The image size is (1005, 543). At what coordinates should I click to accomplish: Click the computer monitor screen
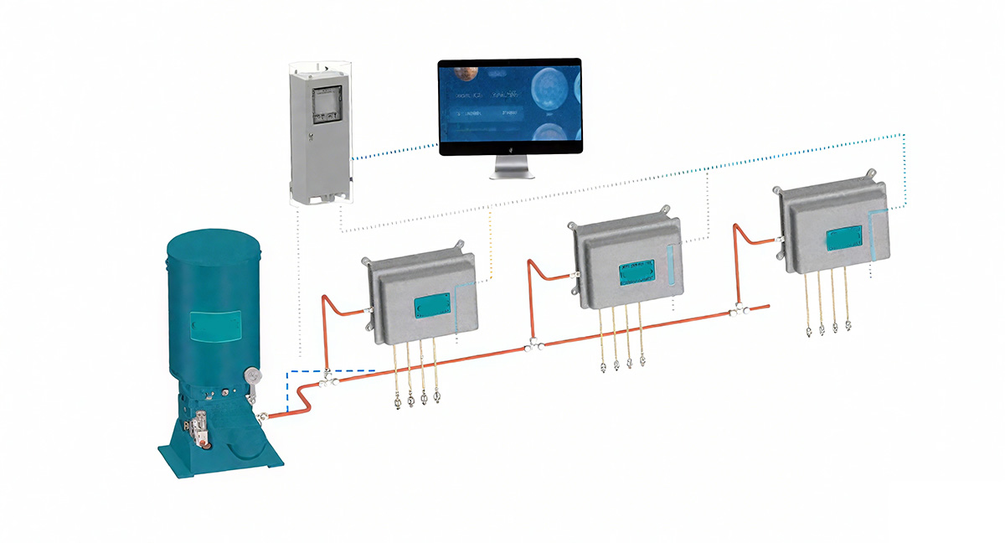(x=511, y=104)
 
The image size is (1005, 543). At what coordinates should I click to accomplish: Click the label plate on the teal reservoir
(x=215, y=327)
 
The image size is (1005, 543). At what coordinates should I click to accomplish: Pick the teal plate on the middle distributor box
(x=636, y=273)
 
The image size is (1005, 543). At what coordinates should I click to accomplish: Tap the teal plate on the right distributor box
(x=845, y=239)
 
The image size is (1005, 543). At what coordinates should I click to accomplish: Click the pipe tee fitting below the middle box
(x=529, y=344)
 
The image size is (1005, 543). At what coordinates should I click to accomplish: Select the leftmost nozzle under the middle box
(x=603, y=365)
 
